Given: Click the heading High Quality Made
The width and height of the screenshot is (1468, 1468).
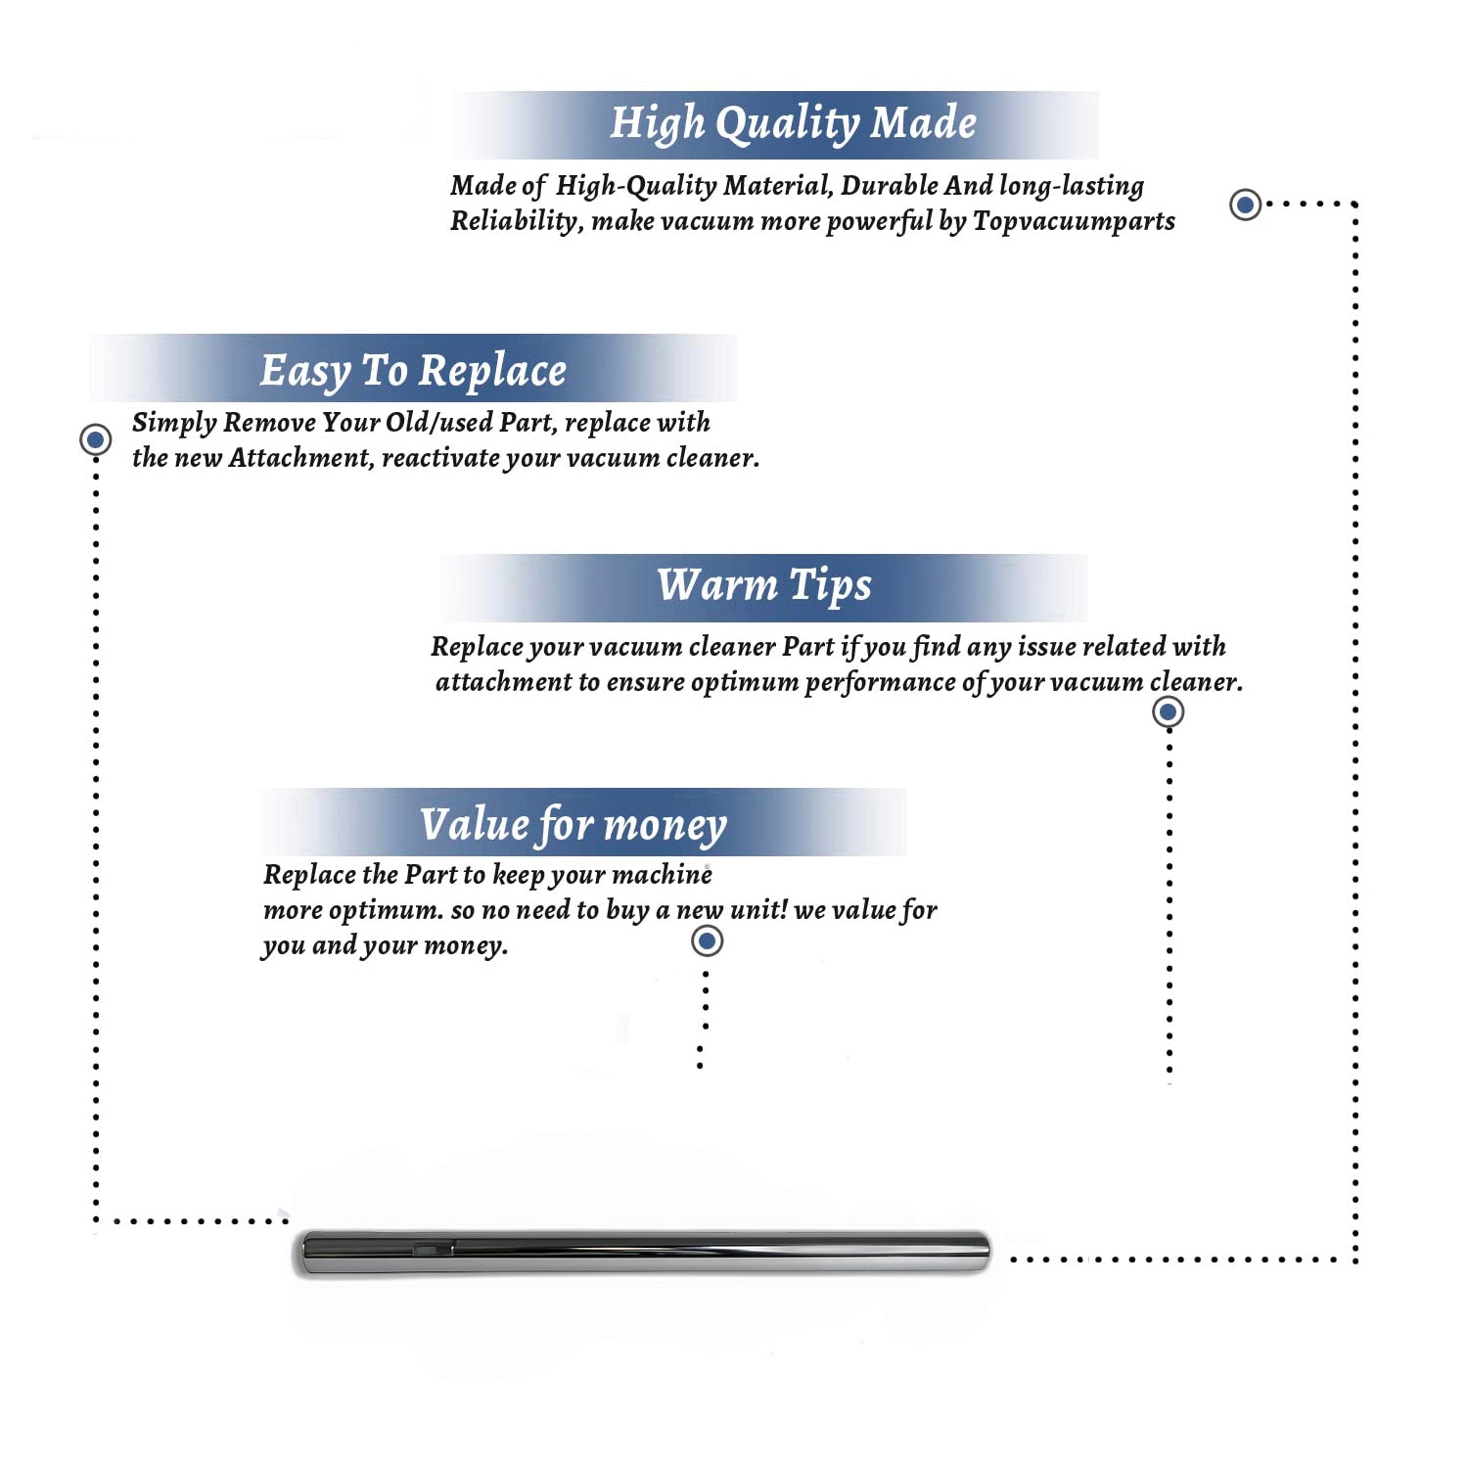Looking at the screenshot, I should pyautogui.click(x=793, y=124).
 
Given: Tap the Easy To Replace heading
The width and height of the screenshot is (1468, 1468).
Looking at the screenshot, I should pyautogui.click(x=413, y=371).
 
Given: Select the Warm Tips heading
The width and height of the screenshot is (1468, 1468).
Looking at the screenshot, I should pyautogui.click(x=763, y=585).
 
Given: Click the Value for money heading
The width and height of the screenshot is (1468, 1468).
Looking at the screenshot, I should pyautogui.click(x=573, y=824).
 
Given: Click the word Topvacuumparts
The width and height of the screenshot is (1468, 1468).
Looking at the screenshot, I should pyautogui.click(x=1074, y=221).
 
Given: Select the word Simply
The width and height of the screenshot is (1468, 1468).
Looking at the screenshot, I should pyautogui.click(x=174, y=423).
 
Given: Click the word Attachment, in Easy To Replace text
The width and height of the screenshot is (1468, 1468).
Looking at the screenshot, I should pyautogui.click(x=300, y=458).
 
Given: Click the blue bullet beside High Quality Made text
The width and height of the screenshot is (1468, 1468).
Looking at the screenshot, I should pyautogui.click(x=1245, y=205).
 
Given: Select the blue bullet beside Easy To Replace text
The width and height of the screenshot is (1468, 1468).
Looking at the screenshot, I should pyautogui.click(x=95, y=439).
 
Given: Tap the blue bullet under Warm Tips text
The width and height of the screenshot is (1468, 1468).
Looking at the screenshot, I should pyautogui.click(x=1168, y=711).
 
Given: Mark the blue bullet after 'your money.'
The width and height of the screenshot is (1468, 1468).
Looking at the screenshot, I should pyautogui.click(x=707, y=941).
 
